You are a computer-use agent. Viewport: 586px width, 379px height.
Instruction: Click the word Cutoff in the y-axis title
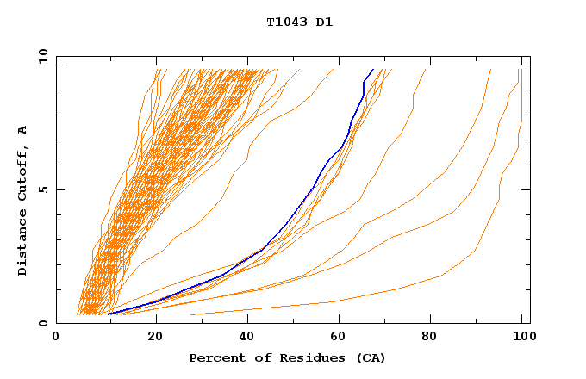point(23,172)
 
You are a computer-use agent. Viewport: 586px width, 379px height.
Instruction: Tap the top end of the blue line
point(372,70)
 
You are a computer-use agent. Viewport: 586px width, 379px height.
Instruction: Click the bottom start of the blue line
point(109,314)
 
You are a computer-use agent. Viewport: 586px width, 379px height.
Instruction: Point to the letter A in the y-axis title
point(23,130)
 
